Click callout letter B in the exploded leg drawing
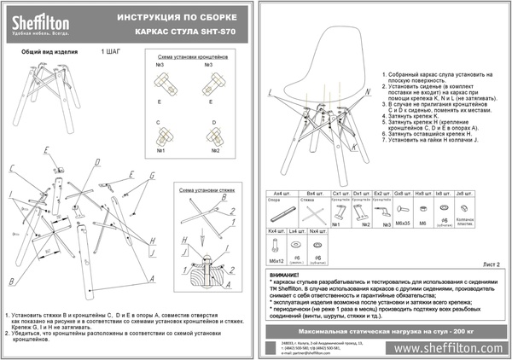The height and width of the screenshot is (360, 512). point(10,280)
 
